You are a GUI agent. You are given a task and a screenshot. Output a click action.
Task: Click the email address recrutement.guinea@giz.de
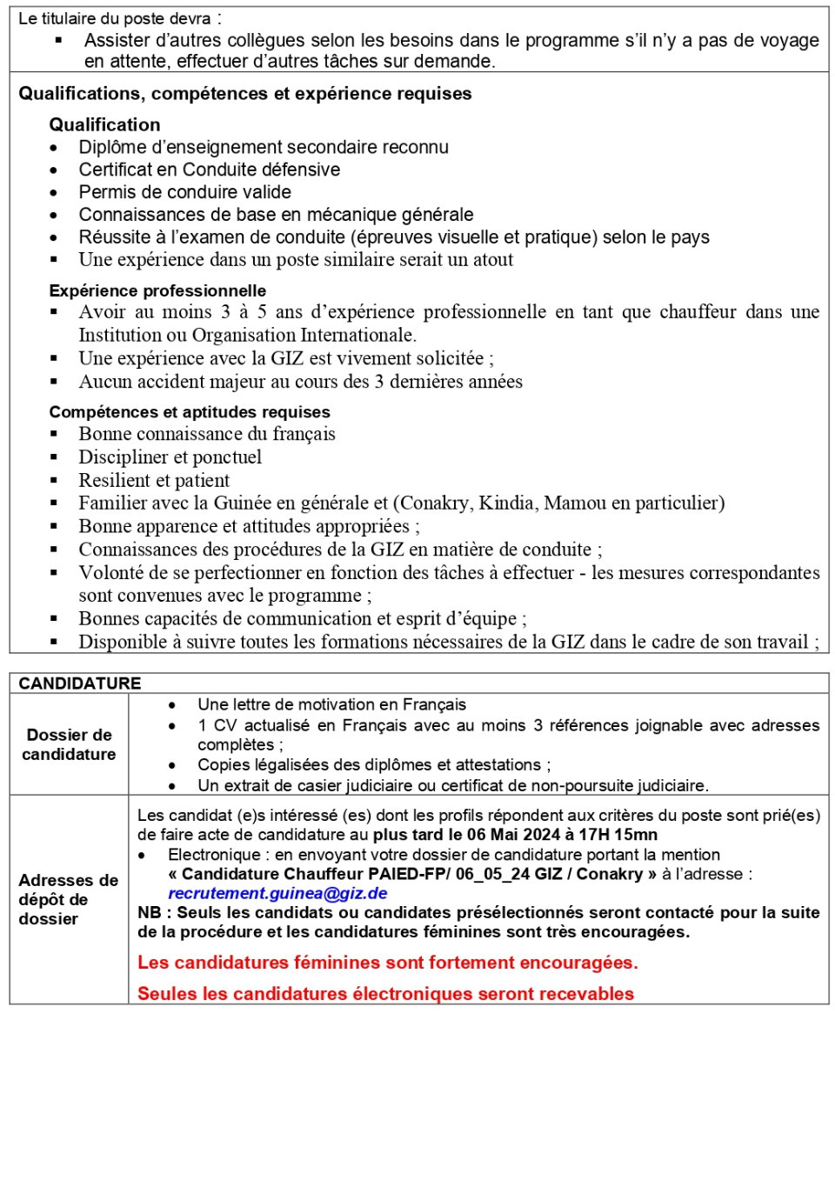coord(277,893)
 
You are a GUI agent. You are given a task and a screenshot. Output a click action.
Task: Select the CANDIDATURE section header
coord(80,683)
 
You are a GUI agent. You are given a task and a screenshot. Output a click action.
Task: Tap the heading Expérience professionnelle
coord(157,290)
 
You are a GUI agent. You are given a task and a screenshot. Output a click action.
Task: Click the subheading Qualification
coord(104,124)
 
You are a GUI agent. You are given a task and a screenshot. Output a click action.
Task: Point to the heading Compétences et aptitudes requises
coord(190,412)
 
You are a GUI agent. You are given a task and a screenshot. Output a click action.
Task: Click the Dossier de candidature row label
coord(69,744)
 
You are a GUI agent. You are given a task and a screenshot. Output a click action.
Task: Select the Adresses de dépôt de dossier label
coord(68,899)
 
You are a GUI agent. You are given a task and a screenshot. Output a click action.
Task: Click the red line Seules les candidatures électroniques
coord(385,994)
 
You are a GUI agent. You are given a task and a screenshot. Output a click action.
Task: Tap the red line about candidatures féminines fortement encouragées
coord(387,963)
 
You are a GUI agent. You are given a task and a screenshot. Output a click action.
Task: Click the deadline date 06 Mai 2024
coord(513,835)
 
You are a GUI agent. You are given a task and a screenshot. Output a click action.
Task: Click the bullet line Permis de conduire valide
coord(184,192)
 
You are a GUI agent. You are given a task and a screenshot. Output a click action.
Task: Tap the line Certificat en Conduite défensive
coord(209,170)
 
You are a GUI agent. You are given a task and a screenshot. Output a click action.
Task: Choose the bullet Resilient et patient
coord(154,480)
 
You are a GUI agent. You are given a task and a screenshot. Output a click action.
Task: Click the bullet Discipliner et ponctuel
coord(170,457)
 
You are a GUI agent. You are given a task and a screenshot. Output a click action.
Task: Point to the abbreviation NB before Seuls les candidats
coord(149,912)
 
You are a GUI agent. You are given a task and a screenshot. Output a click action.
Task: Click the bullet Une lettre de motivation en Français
coord(331,704)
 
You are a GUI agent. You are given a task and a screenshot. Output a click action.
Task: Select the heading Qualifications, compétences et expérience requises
coord(244,94)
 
